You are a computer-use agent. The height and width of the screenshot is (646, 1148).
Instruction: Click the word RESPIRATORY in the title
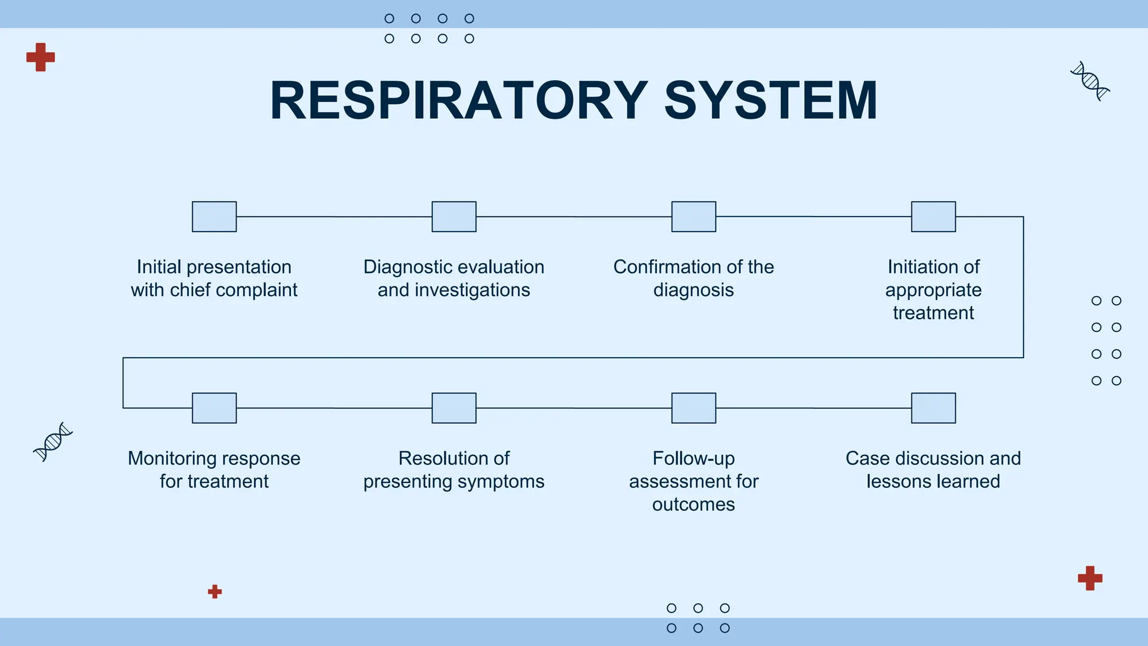(459, 101)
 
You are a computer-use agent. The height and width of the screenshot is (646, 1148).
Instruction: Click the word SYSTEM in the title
(771, 101)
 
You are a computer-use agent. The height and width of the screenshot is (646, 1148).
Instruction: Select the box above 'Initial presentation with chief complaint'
(214, 216)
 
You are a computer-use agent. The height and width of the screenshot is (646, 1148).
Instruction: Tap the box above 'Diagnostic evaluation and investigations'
(454, 216)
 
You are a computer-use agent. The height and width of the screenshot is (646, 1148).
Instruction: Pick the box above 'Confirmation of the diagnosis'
(693, 216)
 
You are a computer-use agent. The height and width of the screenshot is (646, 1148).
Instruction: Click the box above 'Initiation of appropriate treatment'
(933, 216)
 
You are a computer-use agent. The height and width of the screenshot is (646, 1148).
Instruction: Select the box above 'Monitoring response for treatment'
(214, 408)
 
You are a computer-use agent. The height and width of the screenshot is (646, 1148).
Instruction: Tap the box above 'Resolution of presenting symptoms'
(454, 408)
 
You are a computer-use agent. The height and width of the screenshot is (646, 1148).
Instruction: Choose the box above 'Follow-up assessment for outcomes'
(693, 408)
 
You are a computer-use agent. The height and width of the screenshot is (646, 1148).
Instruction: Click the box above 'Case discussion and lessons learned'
(933, 408)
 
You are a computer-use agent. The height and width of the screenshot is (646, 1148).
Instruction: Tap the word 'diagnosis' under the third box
(693, 290)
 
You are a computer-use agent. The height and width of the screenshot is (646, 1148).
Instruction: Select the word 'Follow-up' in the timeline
(693, 458)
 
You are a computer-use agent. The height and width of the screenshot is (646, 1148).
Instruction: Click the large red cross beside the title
(40, 57)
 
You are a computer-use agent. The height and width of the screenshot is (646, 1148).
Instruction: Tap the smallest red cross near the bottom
(215, 592)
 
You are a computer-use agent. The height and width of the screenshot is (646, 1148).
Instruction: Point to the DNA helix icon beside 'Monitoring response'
(53, 441)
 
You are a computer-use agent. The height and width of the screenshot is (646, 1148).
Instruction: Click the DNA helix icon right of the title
(1090, 81)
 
